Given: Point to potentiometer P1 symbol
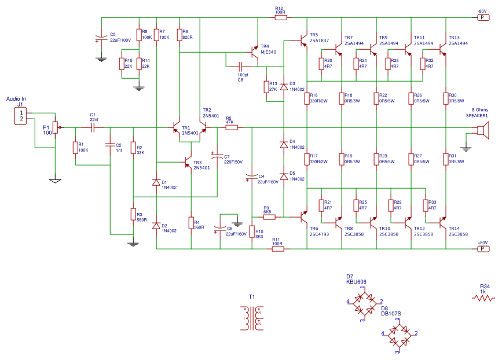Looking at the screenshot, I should (x=55, y=128).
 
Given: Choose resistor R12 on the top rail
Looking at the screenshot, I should (x=280, y=17).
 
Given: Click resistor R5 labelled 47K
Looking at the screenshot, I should (x=231, y=127).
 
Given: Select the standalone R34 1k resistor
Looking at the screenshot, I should (x=484, y=298).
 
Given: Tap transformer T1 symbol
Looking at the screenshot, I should (x=252, y=318).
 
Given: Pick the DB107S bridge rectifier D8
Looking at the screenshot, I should (x=400, y=334).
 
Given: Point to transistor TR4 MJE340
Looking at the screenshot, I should (x=254, y=53).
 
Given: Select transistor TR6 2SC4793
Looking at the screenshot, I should (x=303, y=218).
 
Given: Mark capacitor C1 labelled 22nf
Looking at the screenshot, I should (x=93, y=127).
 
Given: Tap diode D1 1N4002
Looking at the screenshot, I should (x=156, y=182).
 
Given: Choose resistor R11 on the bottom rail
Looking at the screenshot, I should (x=277, y=249).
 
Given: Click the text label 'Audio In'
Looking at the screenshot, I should (x=16, y=99).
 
